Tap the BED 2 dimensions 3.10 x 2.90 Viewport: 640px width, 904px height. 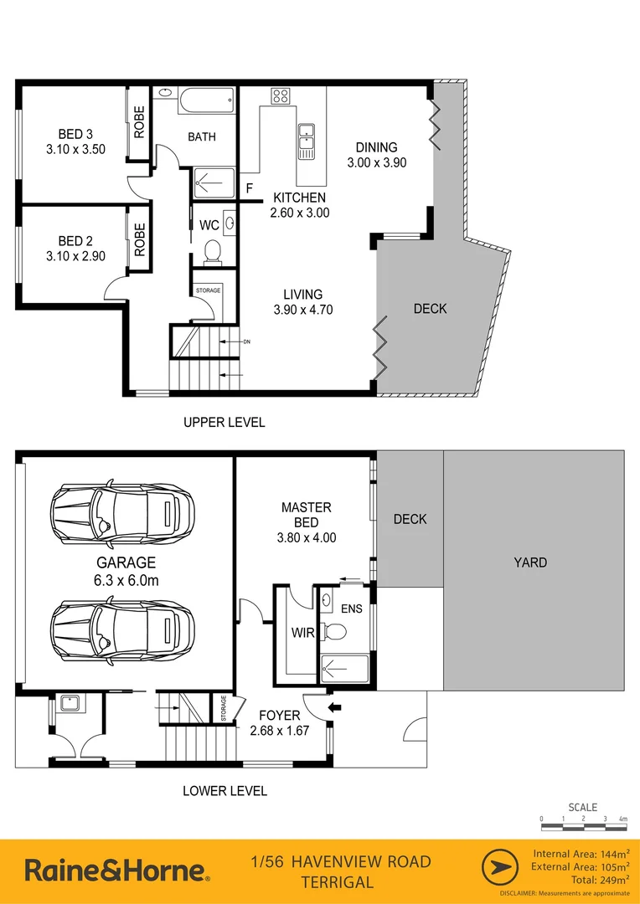pyautogui.click(x=75, y=256)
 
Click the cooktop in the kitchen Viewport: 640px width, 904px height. pyautogui.click(x=280, y=95)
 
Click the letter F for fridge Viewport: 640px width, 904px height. pyautogui.click(x=249, y=190)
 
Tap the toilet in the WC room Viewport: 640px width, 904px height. pyautogui.click(x=212, y=249)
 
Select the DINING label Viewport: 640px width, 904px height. pyautogui.click(x=376, y=147)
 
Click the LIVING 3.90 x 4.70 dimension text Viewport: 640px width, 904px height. pyautogui.click(x=302, y=310)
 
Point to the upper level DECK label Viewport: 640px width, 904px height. pyautogui.click(x=430, y=309)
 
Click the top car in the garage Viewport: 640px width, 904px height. pyautogui.click(x=122, y=511)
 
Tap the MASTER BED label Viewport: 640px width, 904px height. pyautogui.click(x=307, y=515)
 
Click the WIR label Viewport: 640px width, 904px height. pyautogui.click(x=303, y=633)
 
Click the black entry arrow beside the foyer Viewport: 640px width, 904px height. pyautogui.click(x=336, y=707)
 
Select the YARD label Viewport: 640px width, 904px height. pyautogui.click(x=530, y=562)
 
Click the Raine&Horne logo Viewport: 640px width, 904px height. pyautogui.click(x=116, y=871)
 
